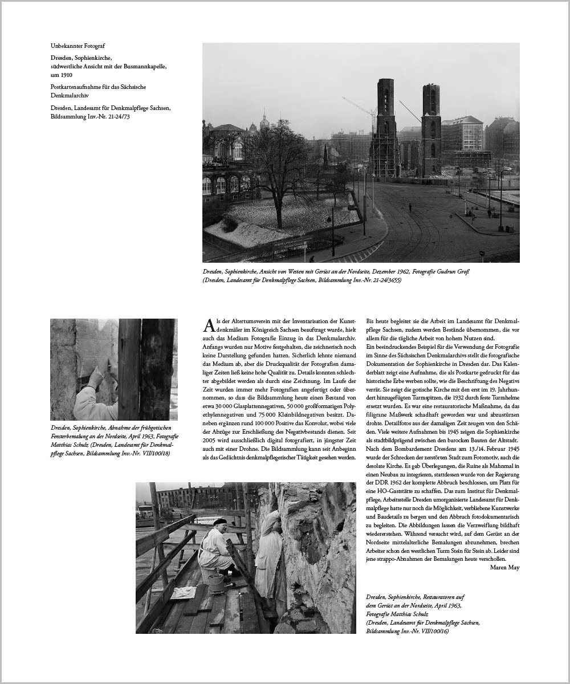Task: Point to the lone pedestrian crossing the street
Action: [410, 207]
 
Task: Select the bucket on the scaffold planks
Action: [215, 583]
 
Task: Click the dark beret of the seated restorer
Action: [220, 522]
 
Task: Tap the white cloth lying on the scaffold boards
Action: [183, 593]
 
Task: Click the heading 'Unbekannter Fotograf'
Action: [78, 46]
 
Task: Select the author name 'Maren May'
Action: [504, 568]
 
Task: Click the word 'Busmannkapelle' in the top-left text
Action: [146, 66]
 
